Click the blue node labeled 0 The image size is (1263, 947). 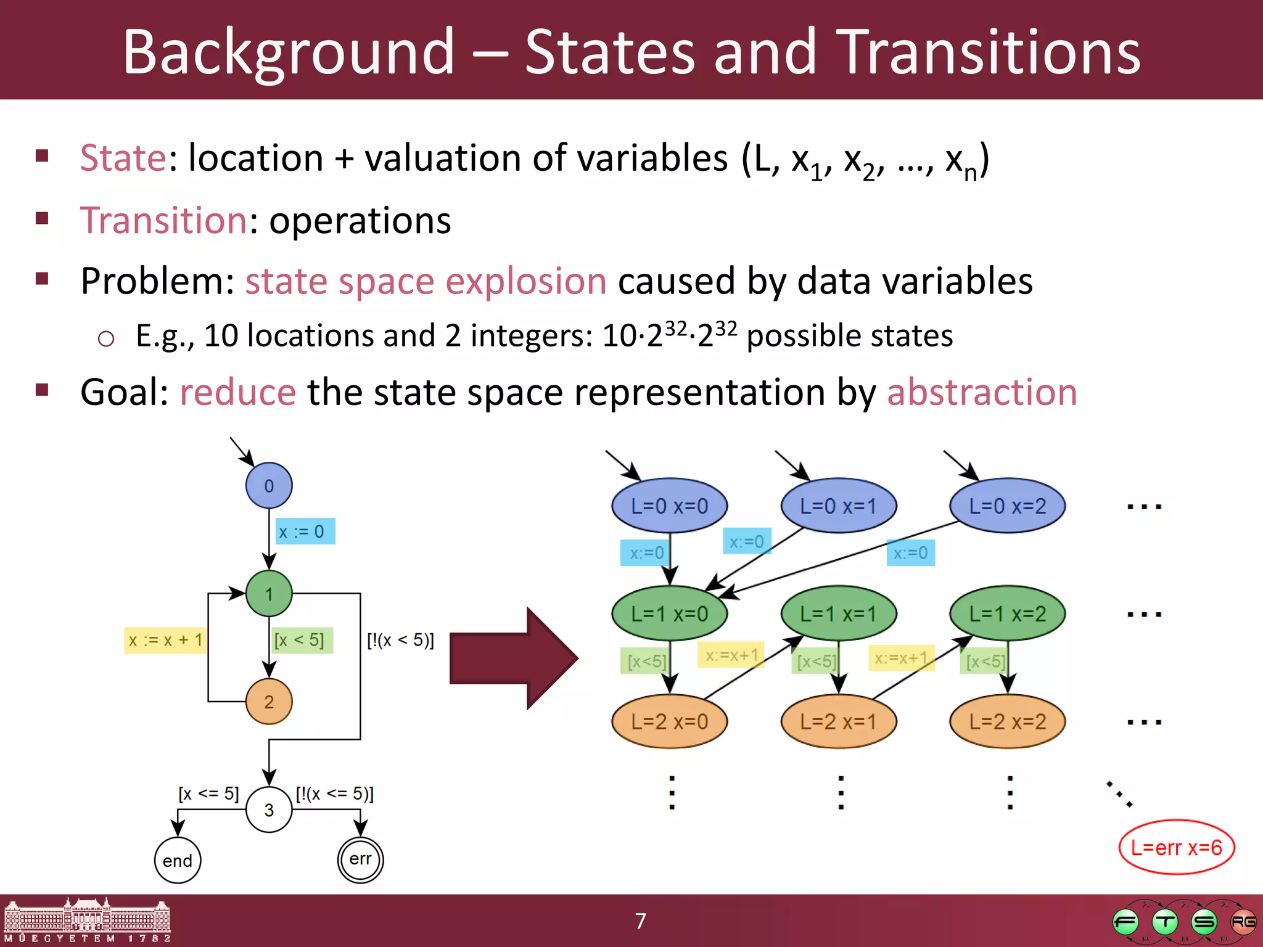[269, 486]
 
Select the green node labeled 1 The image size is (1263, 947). [269, 594]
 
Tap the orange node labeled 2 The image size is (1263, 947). [269, 702]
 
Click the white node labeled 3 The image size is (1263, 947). [269, 810]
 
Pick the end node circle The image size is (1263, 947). [178, 860]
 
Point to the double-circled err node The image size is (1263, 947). [361, 859]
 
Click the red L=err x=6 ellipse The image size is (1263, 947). [1176, 848]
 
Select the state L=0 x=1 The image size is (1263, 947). [838, 506]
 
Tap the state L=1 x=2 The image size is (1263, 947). [1008, 614]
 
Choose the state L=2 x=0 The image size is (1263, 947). [669, 721]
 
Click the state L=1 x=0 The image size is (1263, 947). [669, 614]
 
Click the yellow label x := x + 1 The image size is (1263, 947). [165, 641]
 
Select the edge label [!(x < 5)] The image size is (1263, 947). [400, 641]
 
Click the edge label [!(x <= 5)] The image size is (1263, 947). [335, 793]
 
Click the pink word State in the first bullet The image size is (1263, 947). [123, 158]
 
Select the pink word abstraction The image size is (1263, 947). [982, 392]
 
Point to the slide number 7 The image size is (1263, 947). [641, 921]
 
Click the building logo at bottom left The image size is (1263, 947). [87, 921]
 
